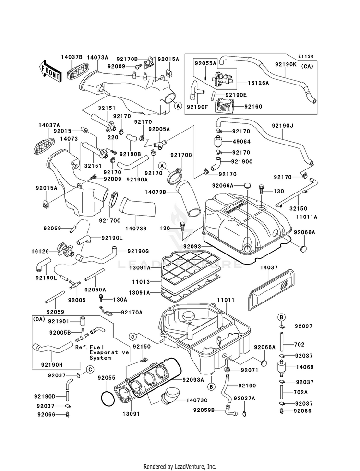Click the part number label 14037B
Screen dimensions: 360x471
[x=72, y=57]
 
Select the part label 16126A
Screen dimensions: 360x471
[x=258, y=83]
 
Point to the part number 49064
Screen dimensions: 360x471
[x=242, y=142]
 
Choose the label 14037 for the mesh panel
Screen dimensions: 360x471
[x=269, y=267]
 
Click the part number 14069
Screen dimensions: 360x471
[x=305, y=367]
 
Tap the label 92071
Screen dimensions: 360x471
[x=249, y=370]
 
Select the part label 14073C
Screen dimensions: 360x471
[x=197, y=400]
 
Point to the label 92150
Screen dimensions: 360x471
[x=142, y=346]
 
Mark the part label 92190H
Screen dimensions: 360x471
[x=52, y=365]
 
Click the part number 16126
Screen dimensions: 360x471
[x=41, y=251]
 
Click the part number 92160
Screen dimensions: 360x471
[x=253, y=106]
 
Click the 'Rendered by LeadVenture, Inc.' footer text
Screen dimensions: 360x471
[x=180, y=467]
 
